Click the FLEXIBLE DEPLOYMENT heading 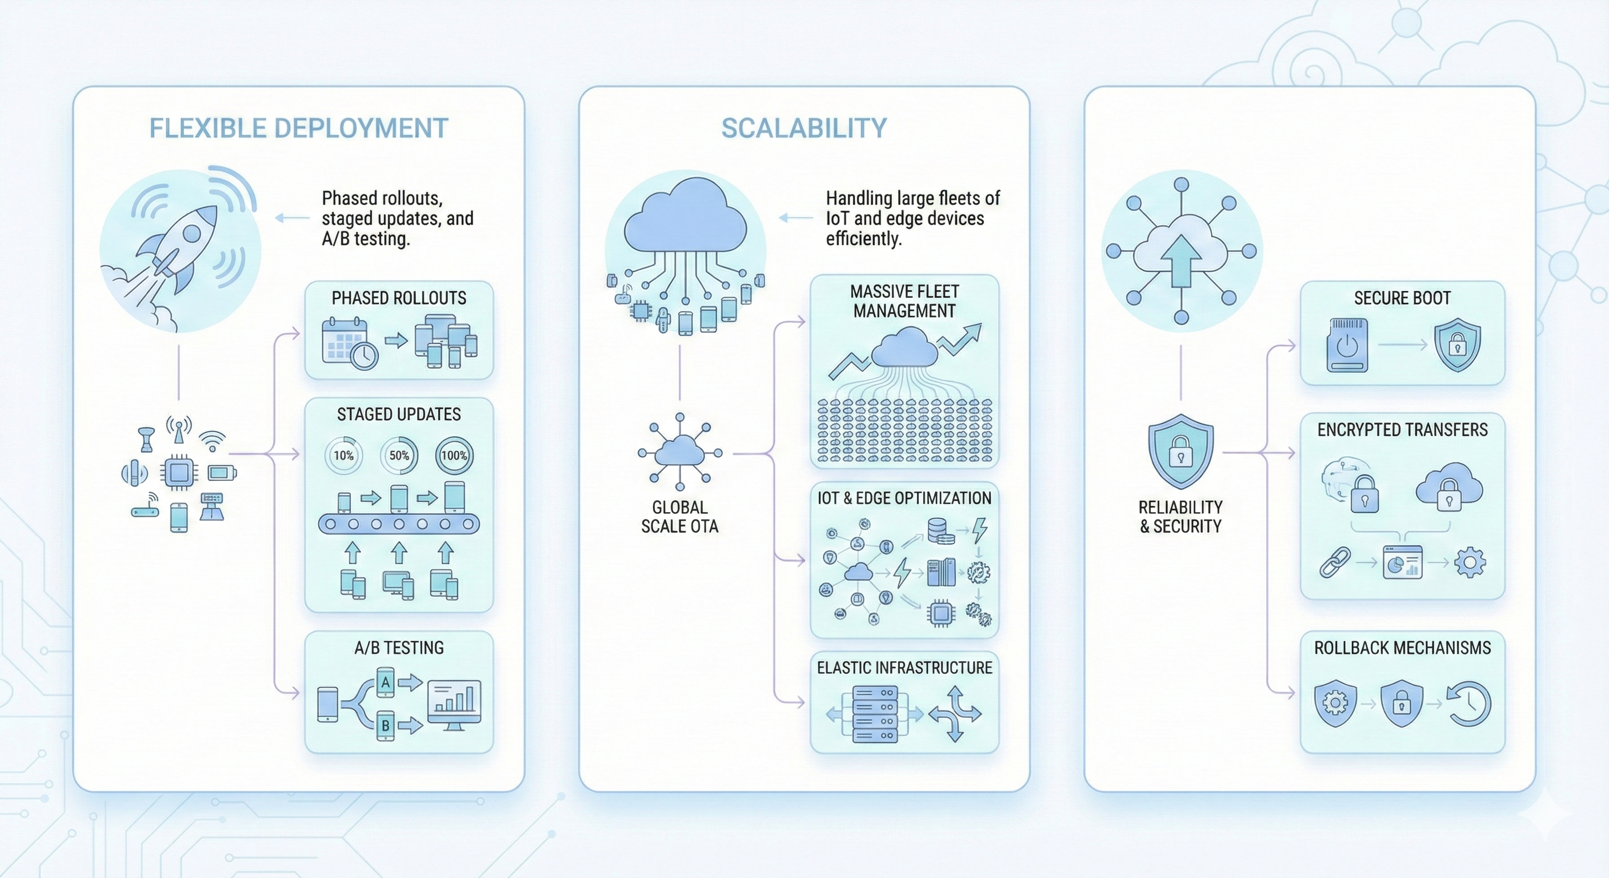pos(299,128)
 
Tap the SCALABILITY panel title pos(804,128)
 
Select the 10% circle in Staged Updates pos(343,456)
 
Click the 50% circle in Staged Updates pos(399,456)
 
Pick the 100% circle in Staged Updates pos(454,456)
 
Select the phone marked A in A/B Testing pos(385,683)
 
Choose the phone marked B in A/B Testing pos(385,725)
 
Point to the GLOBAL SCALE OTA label pos(679,517)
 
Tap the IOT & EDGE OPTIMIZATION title pos(904,498)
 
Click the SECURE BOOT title pos(1402,298)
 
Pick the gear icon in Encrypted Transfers pos(1470,562)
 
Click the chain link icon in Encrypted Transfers pos(1335,562)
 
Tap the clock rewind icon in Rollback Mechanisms pos(1469,704)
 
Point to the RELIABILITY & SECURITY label pos(1180,517)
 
